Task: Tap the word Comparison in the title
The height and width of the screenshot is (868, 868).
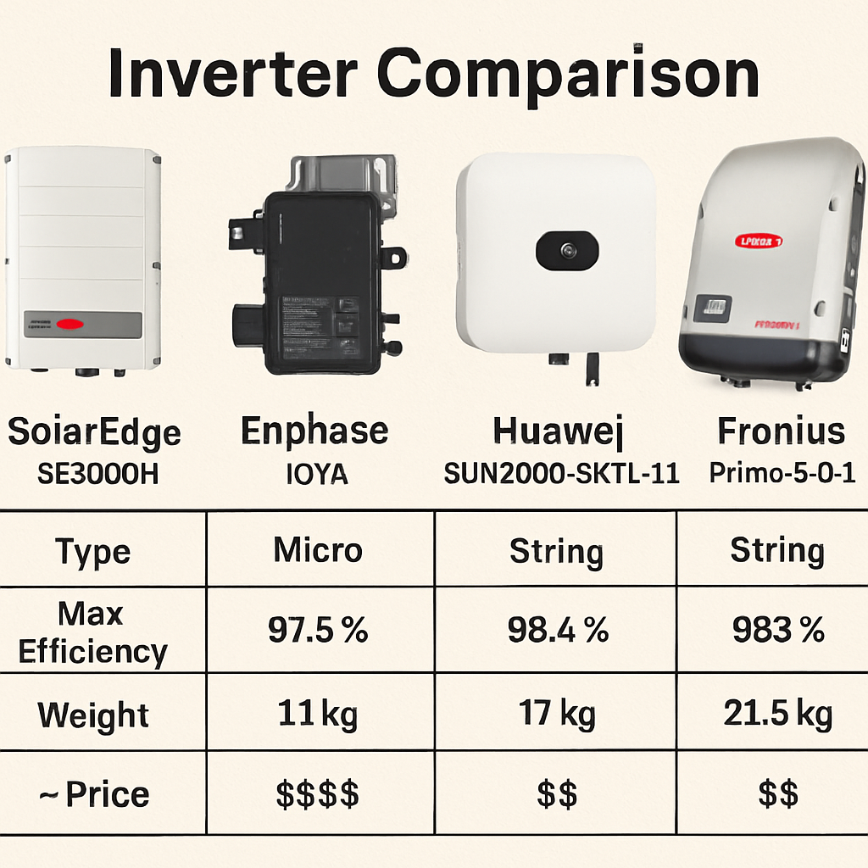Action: pyautogui.click(x=568, y=76)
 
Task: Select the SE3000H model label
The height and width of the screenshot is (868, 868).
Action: pyautogui.click(x=98, y=473)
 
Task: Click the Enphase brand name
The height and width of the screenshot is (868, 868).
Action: pyautogui.click(x=314, y=431)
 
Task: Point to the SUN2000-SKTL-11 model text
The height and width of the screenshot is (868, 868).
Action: pyautogui.click(x=562, y=473)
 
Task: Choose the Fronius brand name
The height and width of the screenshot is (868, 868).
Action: pyautogui.click(x=781, y=431)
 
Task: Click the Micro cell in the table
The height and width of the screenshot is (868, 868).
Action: pyautogui.click(x=318, y=551)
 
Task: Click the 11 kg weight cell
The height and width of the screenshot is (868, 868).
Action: pyautogui.click(x=318, y=715)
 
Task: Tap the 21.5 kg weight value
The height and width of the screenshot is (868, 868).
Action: pyautogui.click(x=777, y=715)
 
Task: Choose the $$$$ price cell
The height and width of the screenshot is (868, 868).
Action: pyautogui.click(x=318, y=795)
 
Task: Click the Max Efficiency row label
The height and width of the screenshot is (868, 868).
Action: pyautogui.click(x=92, y=632)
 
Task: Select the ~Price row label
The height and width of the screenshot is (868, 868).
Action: pyautogui.click(x=94, y=795)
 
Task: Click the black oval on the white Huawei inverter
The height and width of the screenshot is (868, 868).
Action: pyautogui.click(x=567, y=250)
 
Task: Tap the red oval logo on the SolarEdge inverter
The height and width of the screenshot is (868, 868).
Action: pyautogui.click(x=70, y=323)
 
